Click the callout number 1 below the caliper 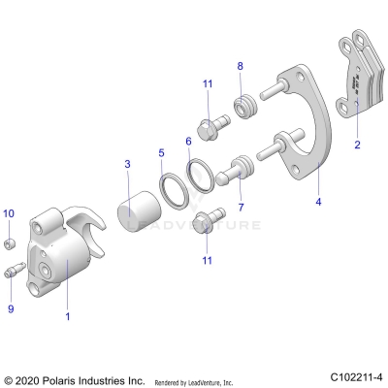(x=66, y=317)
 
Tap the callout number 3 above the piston (x=127, y=165)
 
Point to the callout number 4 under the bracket (x=317, y=203)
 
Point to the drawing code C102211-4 (x=354, y=376)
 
